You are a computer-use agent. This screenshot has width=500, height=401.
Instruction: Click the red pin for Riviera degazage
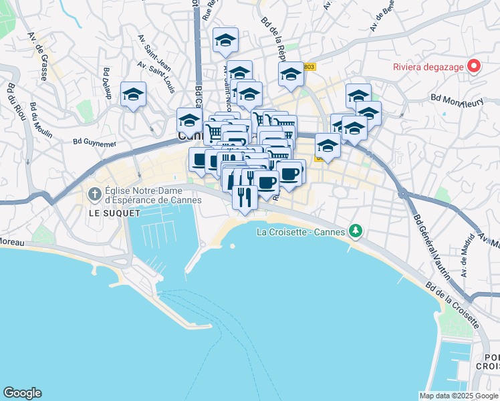[x=474, y=65]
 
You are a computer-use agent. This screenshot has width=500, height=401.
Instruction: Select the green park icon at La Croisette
[x=356, y=231]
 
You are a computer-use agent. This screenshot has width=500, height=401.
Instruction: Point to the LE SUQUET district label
[x=114, y=213]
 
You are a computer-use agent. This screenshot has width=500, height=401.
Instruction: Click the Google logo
[x=22, y=392]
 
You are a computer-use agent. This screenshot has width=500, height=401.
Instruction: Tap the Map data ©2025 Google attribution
[x=458, y=396]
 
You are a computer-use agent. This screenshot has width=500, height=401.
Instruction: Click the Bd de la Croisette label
[x=453, y=304]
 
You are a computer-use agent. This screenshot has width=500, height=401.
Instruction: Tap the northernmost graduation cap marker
[x=225, y=39]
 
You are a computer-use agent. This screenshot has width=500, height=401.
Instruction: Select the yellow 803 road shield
[x=308, y=66]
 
